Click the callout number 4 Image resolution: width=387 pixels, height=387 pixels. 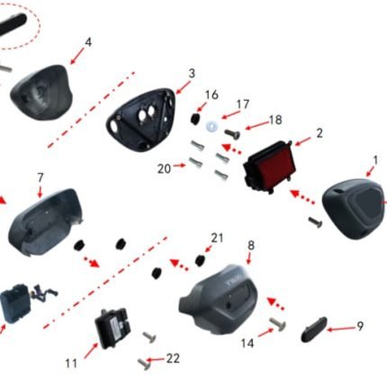click(88, 42)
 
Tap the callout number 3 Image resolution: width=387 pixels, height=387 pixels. click(192, 73)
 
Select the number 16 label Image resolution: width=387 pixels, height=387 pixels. click(211, 94)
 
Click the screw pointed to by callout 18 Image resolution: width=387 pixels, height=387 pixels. click(233, 134)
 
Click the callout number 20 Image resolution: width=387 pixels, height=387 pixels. click(164, 169)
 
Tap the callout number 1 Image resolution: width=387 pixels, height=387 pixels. click(375, 160)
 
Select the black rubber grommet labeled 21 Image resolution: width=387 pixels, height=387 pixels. click(200, 260)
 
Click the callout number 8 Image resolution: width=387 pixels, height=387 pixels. click(251, 246)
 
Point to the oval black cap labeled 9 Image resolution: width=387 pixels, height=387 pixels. click(314, 328)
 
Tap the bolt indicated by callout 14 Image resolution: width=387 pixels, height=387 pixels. click(278, 324)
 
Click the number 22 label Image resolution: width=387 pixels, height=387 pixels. click(173, 358)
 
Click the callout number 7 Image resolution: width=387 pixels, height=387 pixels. click(40, 177)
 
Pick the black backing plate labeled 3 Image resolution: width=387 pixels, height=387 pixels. click(141, 119)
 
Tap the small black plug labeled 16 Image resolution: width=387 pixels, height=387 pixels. click(195, 119)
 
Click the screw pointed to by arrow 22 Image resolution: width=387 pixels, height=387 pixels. click(144, 364)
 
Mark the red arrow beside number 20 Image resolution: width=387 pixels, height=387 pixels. click(179, 165)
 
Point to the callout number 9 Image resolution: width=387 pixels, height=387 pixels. click(360, 326)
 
